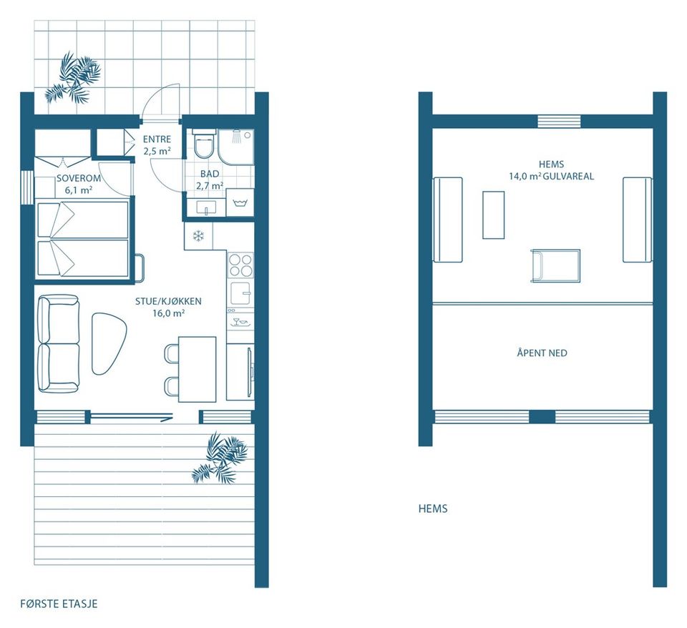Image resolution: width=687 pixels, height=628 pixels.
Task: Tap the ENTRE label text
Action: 157,139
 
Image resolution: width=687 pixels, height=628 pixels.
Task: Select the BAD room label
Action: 210,174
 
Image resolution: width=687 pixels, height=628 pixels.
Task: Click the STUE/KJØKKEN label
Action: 168,301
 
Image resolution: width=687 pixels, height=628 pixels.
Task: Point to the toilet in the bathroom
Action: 204,143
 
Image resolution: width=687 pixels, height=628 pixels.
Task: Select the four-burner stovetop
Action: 240,265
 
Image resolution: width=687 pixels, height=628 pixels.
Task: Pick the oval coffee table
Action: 108,343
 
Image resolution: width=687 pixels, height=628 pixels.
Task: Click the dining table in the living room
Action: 198,368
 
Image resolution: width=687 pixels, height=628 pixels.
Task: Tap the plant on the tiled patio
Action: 73,77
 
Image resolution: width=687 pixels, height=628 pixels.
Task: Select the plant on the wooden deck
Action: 220,458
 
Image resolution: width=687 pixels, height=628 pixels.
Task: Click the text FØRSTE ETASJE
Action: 59,604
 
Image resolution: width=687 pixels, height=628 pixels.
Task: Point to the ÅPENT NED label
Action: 542,353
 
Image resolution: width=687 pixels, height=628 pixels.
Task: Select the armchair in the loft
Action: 555,265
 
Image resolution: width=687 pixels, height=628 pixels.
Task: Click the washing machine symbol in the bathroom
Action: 240,202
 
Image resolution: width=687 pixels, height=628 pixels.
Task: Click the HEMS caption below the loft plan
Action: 433,509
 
